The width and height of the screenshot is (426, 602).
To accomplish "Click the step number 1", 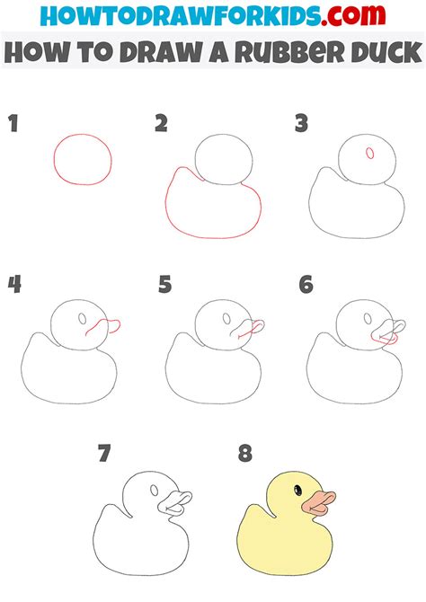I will click(x=13, y=124).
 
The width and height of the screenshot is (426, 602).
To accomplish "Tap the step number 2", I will click(x=161, y=124).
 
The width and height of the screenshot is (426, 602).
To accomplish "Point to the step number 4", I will click(x=14, y=285).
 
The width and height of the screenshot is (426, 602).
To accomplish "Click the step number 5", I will click(x=164, y=285).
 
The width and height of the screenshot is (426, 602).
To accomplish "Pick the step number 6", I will click(x=306, y=285).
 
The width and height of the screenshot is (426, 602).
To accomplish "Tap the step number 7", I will click(x=104, y=454).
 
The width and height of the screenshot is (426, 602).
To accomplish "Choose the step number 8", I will click(x=244, y=454).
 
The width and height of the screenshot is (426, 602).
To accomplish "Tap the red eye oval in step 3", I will click(x=369, y=154).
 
